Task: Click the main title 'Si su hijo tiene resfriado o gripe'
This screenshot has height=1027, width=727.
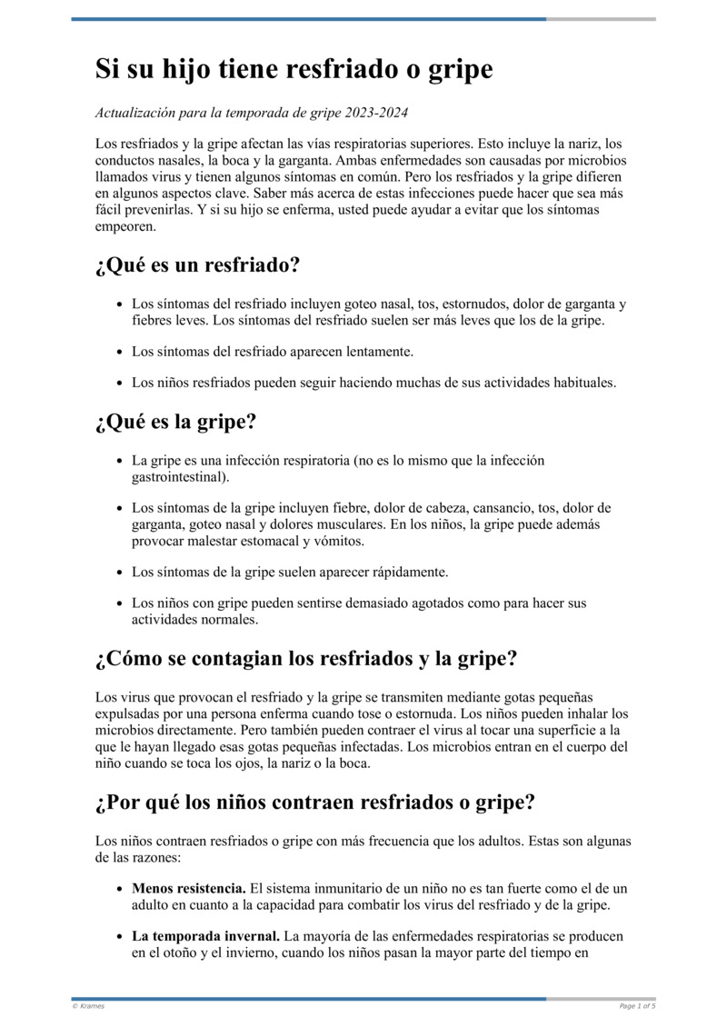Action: (x=294, y=70)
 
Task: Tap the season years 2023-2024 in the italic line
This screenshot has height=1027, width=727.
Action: (x=375, y=113)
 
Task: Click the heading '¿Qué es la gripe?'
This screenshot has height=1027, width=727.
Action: (x=175, y=422)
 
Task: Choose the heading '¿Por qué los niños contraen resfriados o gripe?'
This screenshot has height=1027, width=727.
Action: (x=314, y=803)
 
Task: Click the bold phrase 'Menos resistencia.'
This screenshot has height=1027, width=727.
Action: (x=188, y=888)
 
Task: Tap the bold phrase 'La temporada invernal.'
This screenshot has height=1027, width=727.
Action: (x=206, y=935)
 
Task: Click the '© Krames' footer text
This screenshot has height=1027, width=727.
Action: (x=88, y=1006)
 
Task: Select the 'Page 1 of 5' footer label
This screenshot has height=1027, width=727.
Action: (x=637, y=1006)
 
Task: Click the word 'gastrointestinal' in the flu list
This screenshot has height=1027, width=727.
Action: (x=179, y=476)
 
